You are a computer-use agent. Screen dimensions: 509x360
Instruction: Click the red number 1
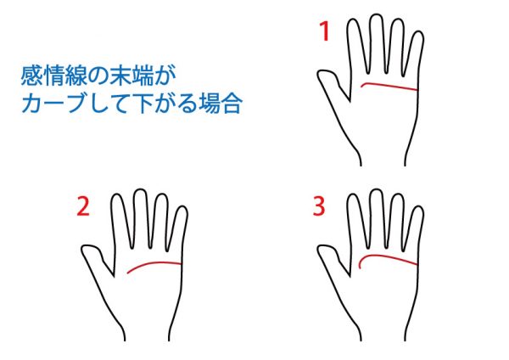(x=325, y=31)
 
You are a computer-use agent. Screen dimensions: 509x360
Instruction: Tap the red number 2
(x=83, y=207)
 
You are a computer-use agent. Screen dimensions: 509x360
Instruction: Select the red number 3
(x=319, y=206)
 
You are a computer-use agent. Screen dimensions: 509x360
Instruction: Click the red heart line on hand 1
(x=389, y=86)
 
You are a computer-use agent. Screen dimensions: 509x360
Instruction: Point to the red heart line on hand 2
(x=154, y=263)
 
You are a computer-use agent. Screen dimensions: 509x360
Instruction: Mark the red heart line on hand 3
(x=383, y=256)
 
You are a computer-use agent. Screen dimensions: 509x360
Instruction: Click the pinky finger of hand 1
(x=415, y=55)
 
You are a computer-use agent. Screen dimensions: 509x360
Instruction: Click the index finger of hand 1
(x=357, y=46)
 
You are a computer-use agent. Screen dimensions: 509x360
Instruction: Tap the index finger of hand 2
(x=121, y=221)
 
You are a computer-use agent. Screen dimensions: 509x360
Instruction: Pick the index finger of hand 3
(x=357, y=221)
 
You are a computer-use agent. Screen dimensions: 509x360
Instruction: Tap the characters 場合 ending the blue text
(x=221, y=104)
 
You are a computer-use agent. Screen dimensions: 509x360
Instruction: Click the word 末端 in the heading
(x=131, y=76)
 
